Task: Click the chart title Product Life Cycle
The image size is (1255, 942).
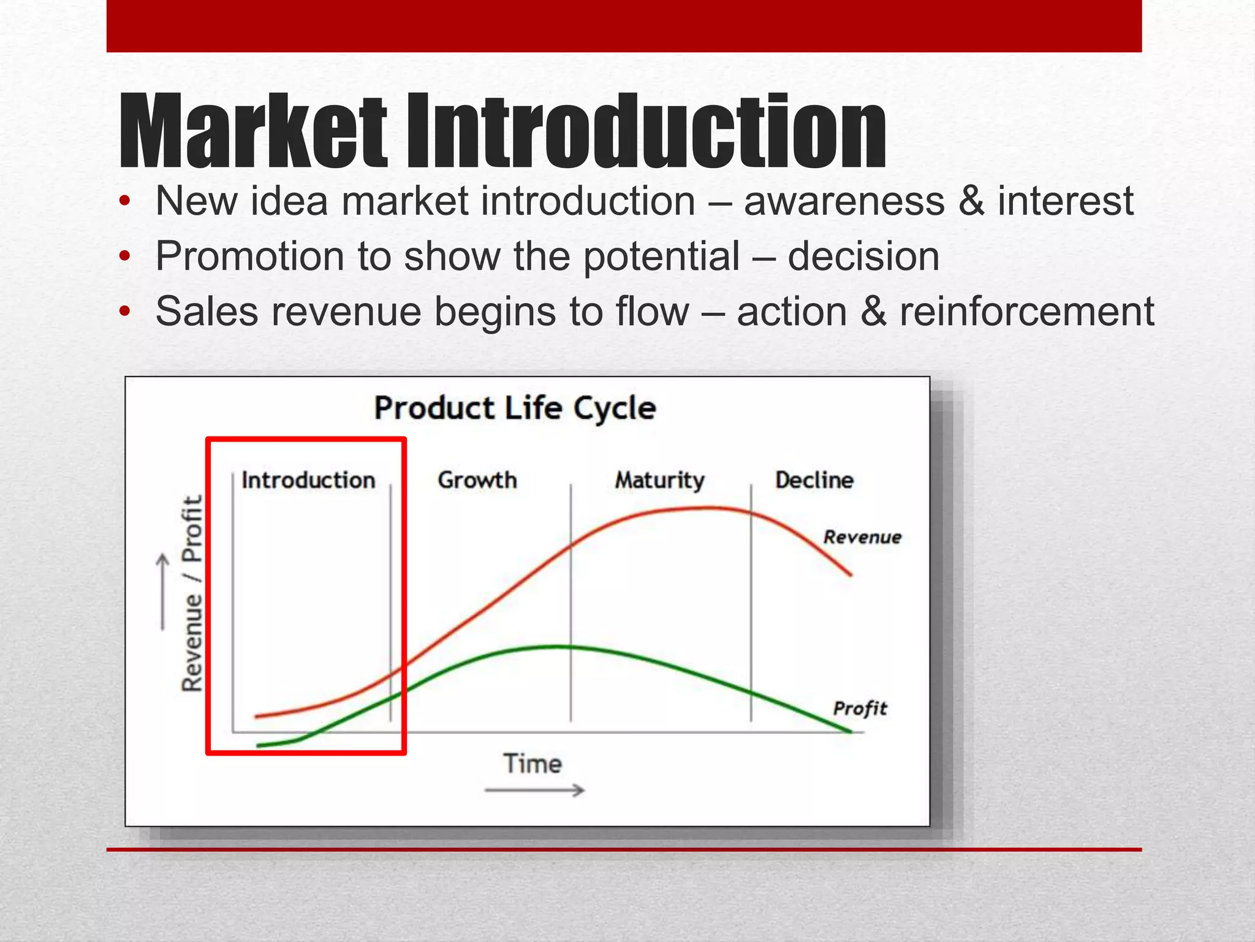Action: [515, 408]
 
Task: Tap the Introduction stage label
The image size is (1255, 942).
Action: [308, 480]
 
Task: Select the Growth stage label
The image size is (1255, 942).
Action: [477, 480]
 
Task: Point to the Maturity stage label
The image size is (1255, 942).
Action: [660, 480]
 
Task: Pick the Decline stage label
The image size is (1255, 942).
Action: [814, 480]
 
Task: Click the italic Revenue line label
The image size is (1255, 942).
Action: [862, 537]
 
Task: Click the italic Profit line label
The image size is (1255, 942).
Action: [860, 708]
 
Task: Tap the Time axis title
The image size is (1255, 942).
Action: [533, 764]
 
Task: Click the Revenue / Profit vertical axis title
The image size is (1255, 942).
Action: [192, 593]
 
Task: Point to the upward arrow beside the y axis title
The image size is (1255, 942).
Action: [162, 591]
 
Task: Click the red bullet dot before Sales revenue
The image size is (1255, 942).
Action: [125, 312]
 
